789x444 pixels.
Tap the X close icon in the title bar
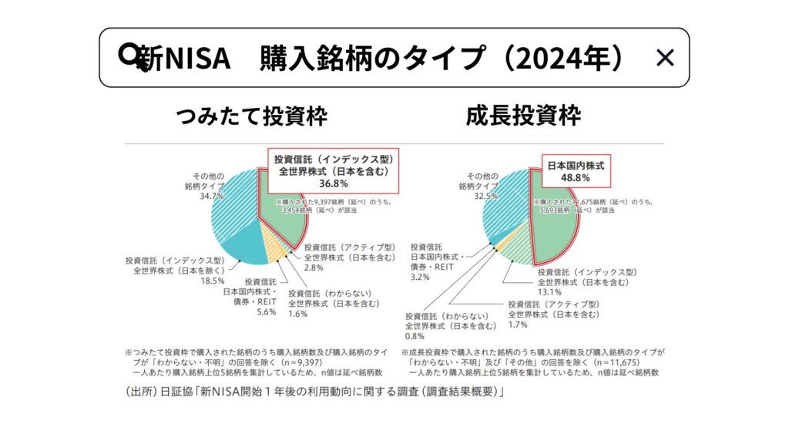pos(664,58)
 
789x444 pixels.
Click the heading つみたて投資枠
pos(252,116)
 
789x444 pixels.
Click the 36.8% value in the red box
pos(334,183)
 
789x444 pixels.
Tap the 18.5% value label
pos(213,281)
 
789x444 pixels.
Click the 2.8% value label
pos(315,267)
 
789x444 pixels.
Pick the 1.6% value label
pos(299,314)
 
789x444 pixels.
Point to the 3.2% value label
pos(421,277)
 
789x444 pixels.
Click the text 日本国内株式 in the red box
pos(576,165)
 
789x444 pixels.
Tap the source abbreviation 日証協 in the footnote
pos(172,393)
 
